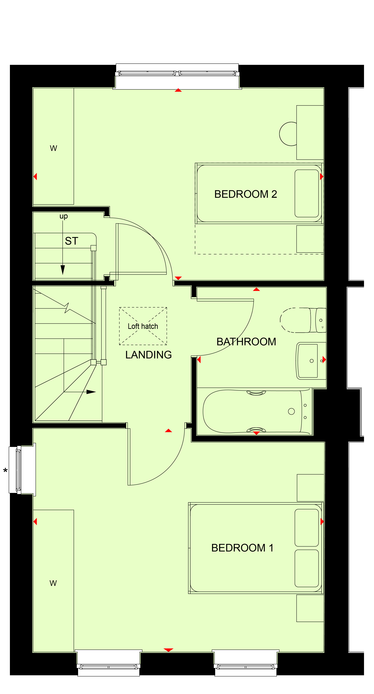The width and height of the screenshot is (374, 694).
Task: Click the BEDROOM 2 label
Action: point(246,194)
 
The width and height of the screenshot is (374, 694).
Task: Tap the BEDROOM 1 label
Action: point(242,548)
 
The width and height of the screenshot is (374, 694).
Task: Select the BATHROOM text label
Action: point(246,342)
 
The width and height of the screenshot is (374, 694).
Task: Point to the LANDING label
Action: point(148,355)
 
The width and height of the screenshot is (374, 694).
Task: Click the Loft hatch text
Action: point(143,326)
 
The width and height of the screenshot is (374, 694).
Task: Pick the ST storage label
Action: point(71,241)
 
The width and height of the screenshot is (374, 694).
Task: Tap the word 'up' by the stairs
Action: point(64,216)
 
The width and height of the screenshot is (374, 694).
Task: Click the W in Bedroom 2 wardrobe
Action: point(53,148)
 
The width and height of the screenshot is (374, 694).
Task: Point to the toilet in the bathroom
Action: point(303,320)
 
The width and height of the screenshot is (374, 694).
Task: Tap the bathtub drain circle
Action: point(291,411)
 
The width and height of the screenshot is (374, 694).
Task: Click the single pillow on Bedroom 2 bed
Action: point(307,193)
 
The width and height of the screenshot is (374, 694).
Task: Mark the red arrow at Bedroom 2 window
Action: point(178,90)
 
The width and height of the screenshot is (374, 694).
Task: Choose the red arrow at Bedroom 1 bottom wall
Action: point(168,650)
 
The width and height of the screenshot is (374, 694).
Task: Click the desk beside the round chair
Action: point(310,132)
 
